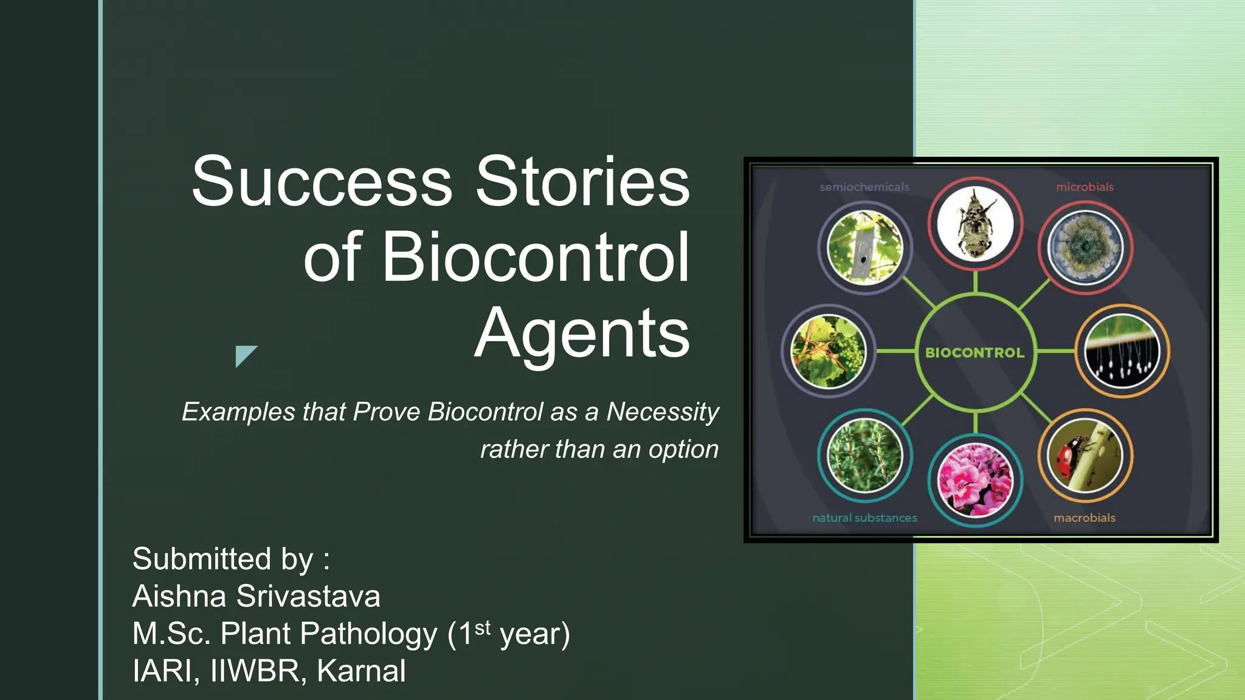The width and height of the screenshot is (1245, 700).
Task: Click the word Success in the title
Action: [322, 181]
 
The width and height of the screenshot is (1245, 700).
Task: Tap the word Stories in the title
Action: [582, 181]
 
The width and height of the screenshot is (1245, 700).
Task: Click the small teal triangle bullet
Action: [244, 354]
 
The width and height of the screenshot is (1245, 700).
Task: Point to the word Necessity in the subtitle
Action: [663, 412]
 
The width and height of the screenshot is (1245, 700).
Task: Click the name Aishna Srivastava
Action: [256, 596]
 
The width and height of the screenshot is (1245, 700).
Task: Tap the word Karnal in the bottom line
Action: [361, 671]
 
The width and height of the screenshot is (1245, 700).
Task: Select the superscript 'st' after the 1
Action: [482, 627]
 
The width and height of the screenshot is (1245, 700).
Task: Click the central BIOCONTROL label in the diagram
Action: [974, 352]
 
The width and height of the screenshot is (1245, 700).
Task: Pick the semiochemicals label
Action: [864, 187]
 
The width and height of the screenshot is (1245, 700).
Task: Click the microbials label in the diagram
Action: [1085, 187]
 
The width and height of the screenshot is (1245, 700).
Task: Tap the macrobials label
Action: [1084, 518]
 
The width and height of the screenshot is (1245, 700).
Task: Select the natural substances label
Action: [864, 518]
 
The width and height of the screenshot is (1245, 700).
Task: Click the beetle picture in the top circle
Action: [975, 224]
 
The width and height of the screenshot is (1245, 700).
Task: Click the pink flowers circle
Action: [975, 480]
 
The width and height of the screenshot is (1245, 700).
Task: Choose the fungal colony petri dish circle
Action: [1085, 248]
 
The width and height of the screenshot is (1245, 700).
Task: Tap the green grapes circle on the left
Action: [828, 351]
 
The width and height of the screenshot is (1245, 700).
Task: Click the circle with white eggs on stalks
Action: [1122, 351]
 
